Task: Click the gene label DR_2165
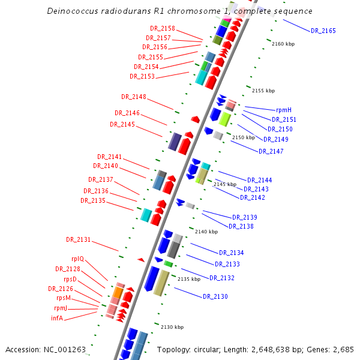pyautogui.click(x=323, y=31)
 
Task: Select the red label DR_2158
pyautogui.click(x=163, y=29)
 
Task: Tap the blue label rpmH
pyautogui.click(x=284, y=110)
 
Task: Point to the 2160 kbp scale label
pyautogui.click(x=283, y=44)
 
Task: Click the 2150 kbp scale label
pyautogui.click(x=244, y=137)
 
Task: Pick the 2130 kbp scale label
pyautogui.click(x=172, y=327)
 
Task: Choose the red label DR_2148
pyautogui.click(x=134, y=97)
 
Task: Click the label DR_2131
pyautogui.click(x=79, y=239)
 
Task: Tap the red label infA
pyautogui.click(x=57, y=318)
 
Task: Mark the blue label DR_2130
pyautogui.click(x=215, y=296)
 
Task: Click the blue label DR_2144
pyautogui.click(x=260, y=180)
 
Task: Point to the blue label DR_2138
pyautogui.click(x=241, y=226)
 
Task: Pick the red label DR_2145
pyautogui.click(x=122, y=124)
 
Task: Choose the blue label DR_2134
pyautogui.click(x=232, y=253)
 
